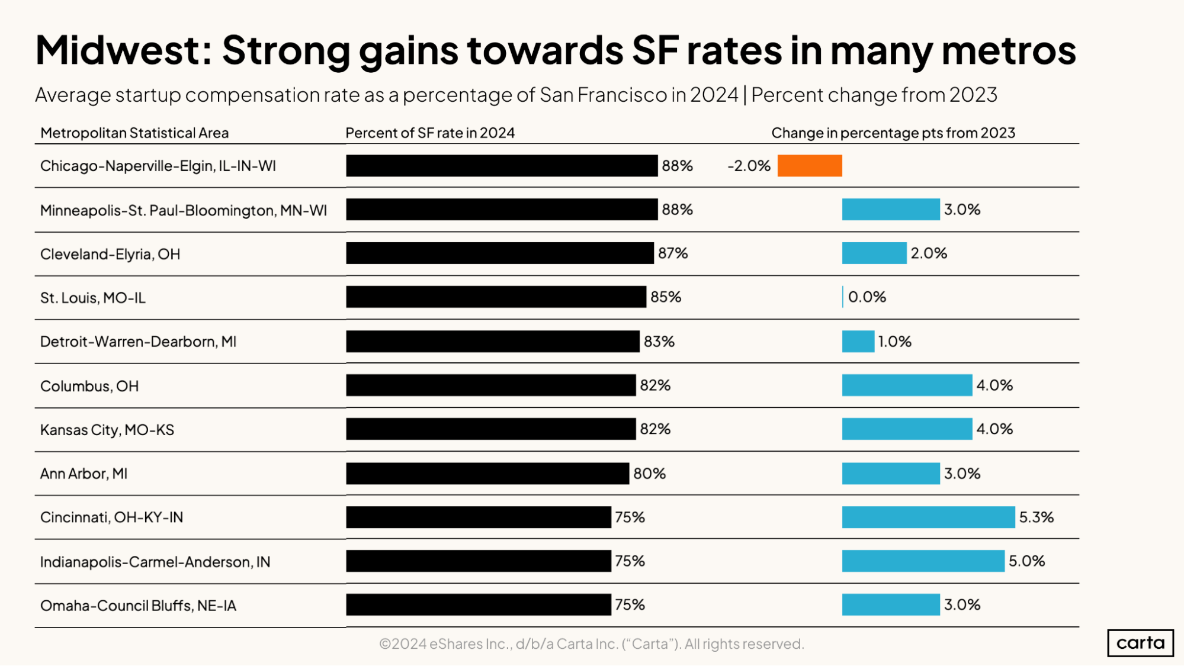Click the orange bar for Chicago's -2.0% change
[x=809, y=166]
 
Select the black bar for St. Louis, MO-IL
[x=496, y=297]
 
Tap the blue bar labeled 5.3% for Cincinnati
[x=928, y=517]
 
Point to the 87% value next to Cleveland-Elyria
[x=673, y=253]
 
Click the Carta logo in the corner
[x=1140, y=643]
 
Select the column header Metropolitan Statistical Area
[x=134, y=133]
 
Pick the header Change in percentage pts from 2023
[x=893, y=133]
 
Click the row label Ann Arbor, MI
[x=84, y=474]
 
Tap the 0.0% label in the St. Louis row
[x=867, y=297]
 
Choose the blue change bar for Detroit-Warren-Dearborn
[x=858, y=342]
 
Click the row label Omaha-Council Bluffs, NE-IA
[x=138, y=606]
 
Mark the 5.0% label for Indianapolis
[x=1026, y=561]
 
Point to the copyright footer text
[x=591, y=644]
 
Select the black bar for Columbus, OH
[x=490, y=385]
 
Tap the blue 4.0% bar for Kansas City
[x=907, y=429]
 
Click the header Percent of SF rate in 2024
[x=429, y=133]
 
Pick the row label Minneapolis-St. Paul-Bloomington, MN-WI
[x=183, y=210]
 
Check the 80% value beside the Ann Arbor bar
[x=649, y=474]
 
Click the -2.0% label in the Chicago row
[x=749, y=166]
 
